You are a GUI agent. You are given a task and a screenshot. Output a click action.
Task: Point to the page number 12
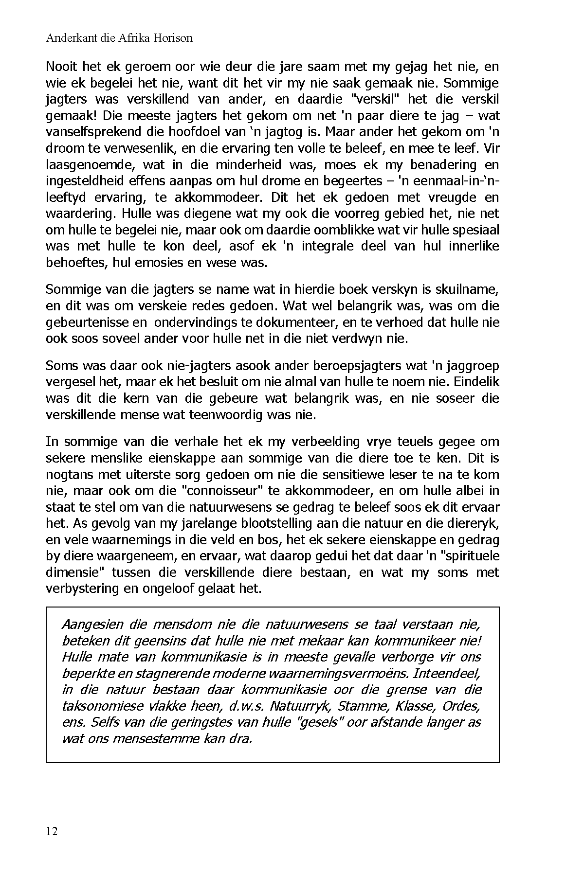click(52, 831)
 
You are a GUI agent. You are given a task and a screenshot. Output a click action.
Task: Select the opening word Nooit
click(61, 67)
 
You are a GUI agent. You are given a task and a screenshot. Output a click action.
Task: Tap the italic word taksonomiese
click(103, 706)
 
